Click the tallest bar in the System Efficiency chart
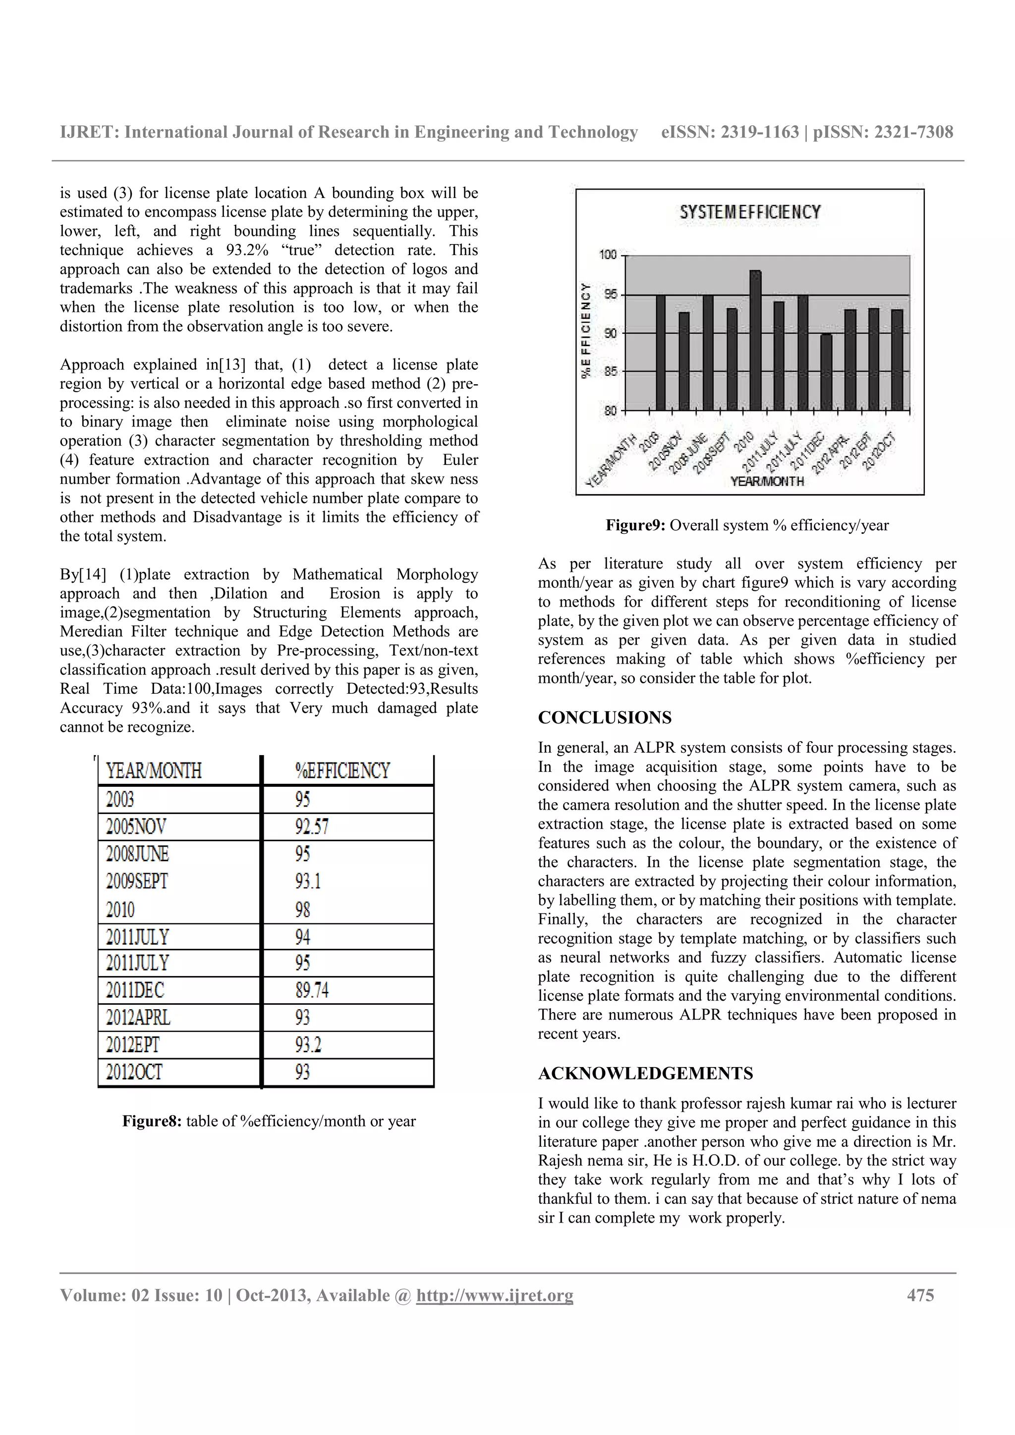pos(755,341)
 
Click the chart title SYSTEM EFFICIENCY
pos(749,212)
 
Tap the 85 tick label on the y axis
pos(609,372)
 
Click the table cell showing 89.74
pos(311,990)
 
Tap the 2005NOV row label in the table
pos(136,827)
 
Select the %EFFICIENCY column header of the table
pos(342,770)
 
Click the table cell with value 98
pos(303,909)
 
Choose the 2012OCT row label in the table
pos(134,1072)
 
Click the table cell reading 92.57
pos(311,827)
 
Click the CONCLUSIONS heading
pos(604,717)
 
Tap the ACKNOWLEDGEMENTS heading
pos(645,1073)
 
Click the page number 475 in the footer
pos(920,1295)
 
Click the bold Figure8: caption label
pos(152,1121)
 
